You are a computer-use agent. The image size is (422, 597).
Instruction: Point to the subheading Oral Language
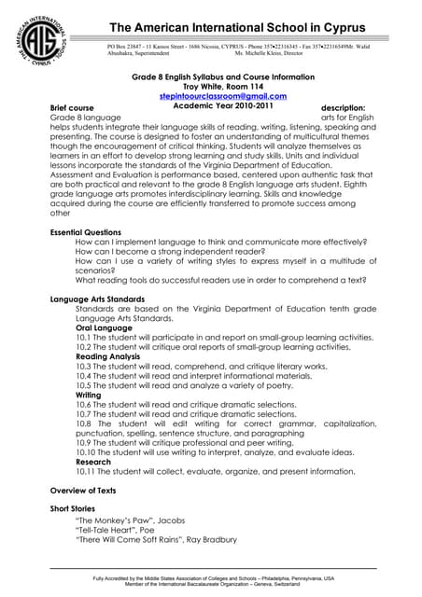[x=104, y=326]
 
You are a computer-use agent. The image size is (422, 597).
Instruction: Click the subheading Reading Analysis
[x=109, y=355]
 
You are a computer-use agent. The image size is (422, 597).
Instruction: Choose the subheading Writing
[x=89, y=395]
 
